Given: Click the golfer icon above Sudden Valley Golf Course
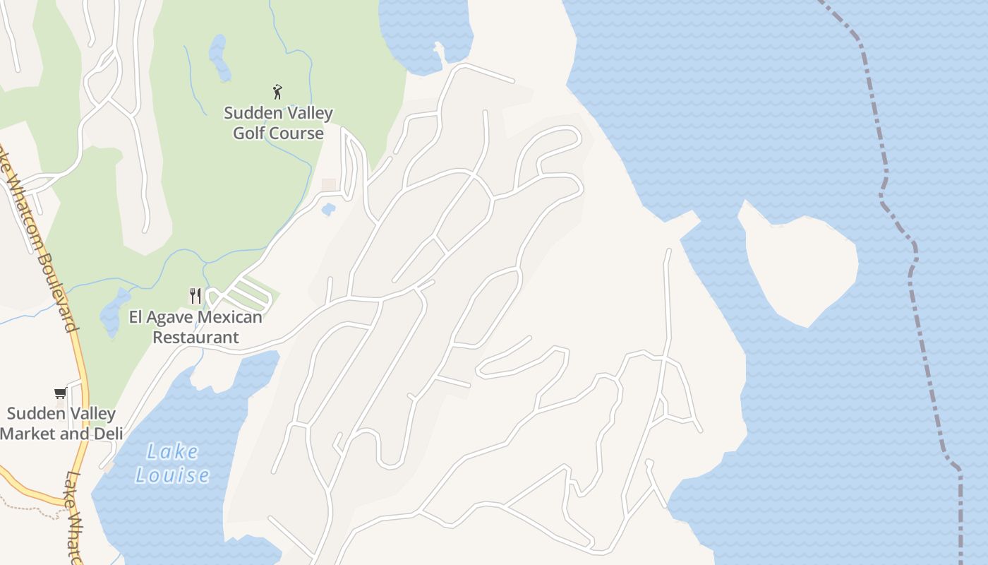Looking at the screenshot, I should click(x=278, y=92).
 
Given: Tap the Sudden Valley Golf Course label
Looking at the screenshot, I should click(x=278, y=123).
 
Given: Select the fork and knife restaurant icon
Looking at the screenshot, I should click(x=195, y=296).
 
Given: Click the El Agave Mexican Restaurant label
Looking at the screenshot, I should click(x=195, y=327).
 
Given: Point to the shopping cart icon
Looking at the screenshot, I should click(x=60, y=393).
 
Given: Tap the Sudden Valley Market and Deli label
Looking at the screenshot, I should click(x=61, y=423).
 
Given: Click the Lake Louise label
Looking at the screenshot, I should click(x=172, y=463).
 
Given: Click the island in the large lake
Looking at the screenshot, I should click(x=801, y=265).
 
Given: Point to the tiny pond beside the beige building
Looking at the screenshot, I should click(x=328, y=209).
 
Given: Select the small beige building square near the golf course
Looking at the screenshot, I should click(x=329, y=184).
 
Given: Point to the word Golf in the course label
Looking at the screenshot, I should click(x=248, y=133).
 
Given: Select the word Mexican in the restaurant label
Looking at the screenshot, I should click(x=227, y=317).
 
